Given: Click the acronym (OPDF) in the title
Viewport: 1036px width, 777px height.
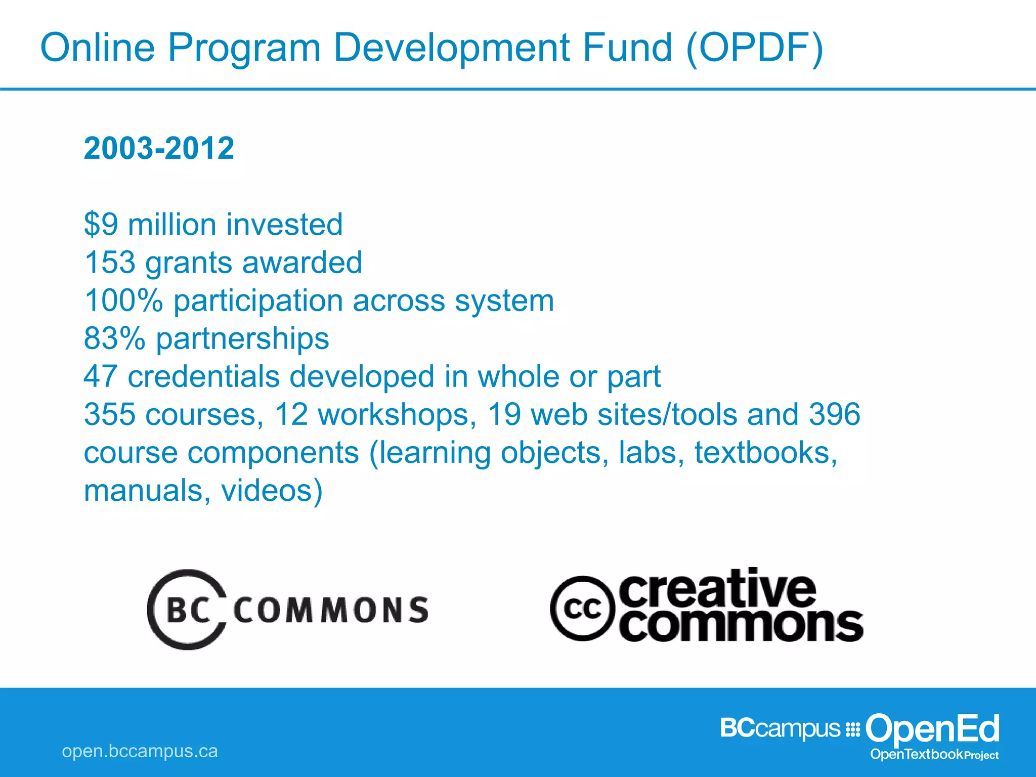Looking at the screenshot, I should point(755,49).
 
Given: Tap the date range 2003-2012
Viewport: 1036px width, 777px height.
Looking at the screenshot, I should point(159,148).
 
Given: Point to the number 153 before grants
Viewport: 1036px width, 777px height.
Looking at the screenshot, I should point(110,263).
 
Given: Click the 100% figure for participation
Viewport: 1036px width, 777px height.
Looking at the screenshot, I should point(123,300).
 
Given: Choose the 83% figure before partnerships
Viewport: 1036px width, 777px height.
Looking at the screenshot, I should point(114,338).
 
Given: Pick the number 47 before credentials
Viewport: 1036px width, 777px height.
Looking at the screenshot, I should point(101,376).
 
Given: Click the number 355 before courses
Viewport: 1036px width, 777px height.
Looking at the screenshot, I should point(110,414).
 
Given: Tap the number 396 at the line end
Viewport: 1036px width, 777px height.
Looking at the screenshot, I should point(835,414).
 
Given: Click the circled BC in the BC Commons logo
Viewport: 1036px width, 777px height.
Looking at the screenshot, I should point(188,610).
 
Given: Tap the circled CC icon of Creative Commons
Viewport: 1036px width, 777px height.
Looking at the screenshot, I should point(583,609).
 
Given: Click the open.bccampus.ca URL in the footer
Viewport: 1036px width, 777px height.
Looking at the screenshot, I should point(140,751).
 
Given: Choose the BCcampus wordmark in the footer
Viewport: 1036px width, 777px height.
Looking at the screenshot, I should point(780,728).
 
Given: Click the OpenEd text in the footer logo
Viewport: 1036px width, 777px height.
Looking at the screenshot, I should point(932,729).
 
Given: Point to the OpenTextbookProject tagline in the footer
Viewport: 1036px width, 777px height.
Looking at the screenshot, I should point(934,754).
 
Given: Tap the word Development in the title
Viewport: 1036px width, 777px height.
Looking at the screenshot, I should point(451,49).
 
